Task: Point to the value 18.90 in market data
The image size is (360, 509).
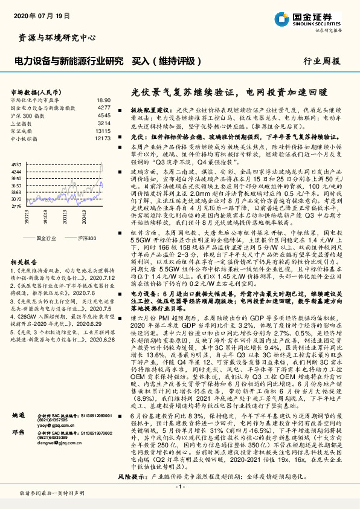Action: pyautogui.click(x=103, y=99)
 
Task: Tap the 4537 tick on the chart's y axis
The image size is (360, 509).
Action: pyautogui.click(x=16, y=163)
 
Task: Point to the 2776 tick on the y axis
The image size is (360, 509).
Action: pyautogui.click(x=16, y=206)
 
